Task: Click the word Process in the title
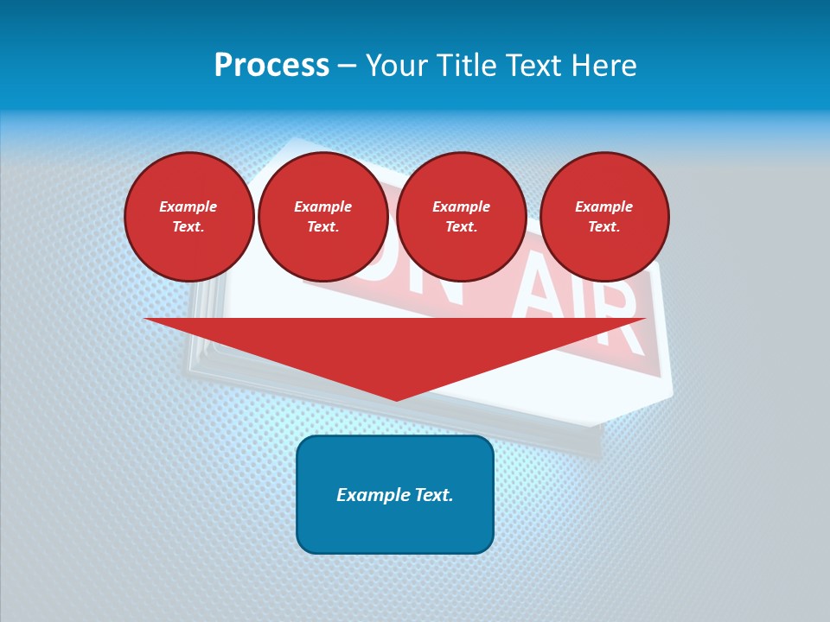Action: [271, 66]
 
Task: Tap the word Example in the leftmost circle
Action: [188, 206]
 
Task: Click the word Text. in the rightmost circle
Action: [604, 226]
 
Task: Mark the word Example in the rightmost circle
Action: [604, 206]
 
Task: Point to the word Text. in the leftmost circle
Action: [188, 226]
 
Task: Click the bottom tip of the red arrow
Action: [396, 398]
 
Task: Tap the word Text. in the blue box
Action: [435, 495]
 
